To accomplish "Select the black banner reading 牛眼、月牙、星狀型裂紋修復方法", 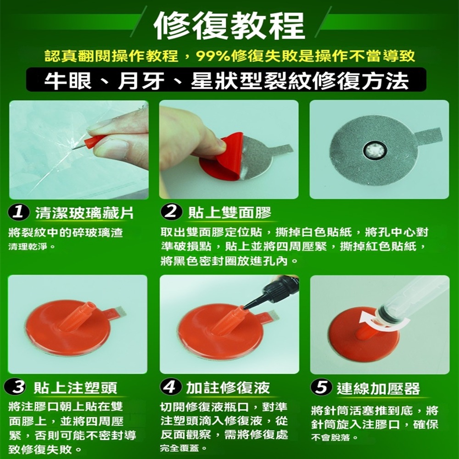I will (226, 80).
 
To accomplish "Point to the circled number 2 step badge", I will (171, 213).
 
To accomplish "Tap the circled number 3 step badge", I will (17, 388).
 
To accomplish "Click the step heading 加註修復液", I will (228, 388).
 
